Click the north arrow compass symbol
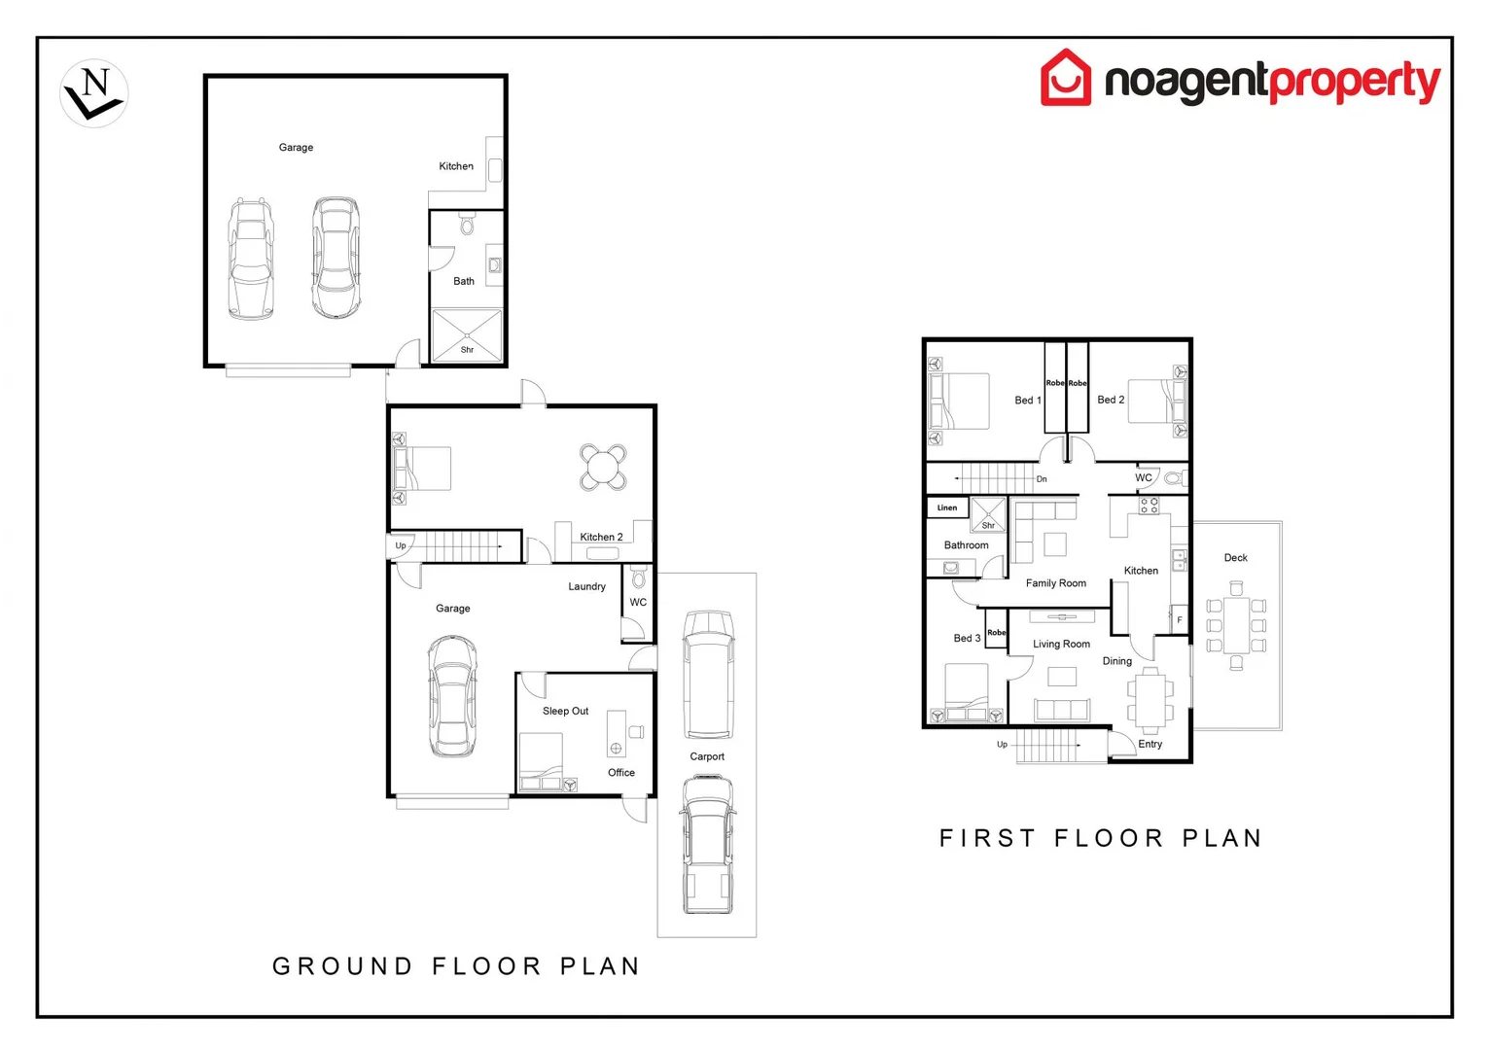(93, 93)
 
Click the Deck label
(1235, 558)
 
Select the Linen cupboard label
(946, 507)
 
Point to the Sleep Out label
(565, 711)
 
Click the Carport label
(706, 756)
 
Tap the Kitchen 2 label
(601, 537)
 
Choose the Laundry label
(586, 586)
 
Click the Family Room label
(1055, 583)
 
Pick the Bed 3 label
(967, 638)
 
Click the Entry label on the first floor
(1150, 744)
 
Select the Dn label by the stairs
(1042, 479)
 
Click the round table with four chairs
(603, 467)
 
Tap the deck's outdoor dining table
(1236, 625)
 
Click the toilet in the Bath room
(467, 224)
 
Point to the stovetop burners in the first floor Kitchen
(1149, 506)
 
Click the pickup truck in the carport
(709, 845)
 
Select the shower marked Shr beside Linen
(988, 515)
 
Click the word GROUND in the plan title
(342, 966)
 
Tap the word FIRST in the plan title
(987, 838)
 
